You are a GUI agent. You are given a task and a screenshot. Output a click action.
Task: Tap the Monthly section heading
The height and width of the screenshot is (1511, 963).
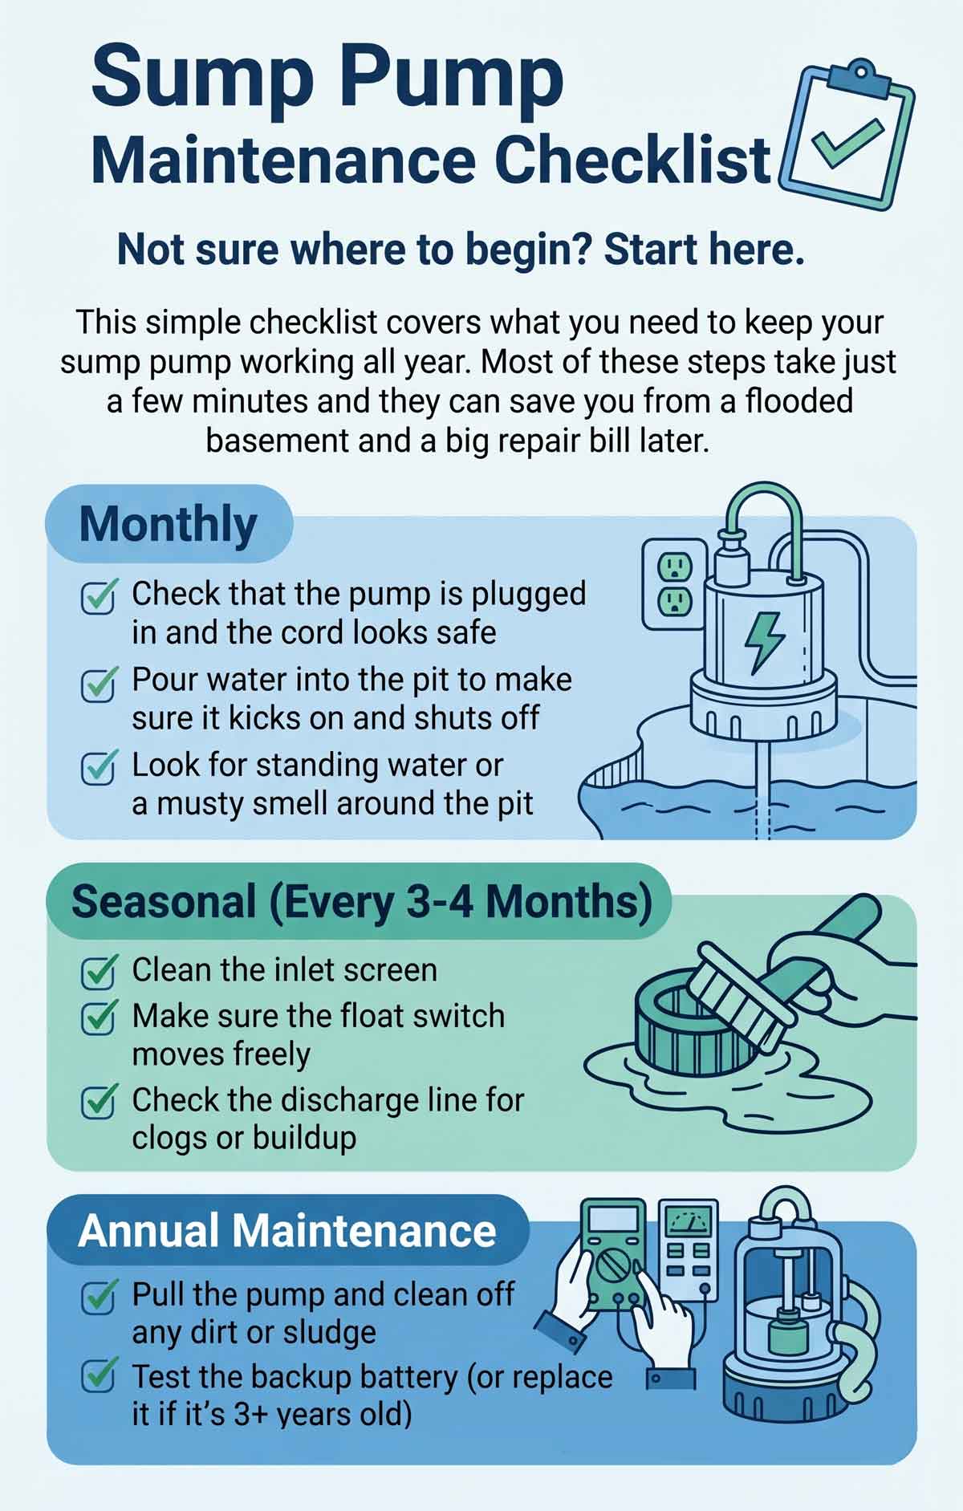[x=168, y=525]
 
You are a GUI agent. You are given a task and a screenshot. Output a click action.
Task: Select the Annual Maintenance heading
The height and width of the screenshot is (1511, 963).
[x=286, y=1230]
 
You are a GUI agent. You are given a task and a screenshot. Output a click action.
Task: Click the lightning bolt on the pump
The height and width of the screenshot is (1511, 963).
[x=763, y=641]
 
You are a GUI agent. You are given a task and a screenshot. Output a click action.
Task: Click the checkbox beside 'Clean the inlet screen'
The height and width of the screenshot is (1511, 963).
[x=100, y=971]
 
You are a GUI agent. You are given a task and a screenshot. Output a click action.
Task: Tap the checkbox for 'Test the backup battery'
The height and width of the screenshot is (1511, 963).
[x=100, y=1378]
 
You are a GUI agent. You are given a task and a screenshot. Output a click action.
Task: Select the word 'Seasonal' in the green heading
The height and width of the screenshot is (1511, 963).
[x=164, y=901]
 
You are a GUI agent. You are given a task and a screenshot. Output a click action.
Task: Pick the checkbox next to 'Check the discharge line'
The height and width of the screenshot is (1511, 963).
[x=100, y=1102]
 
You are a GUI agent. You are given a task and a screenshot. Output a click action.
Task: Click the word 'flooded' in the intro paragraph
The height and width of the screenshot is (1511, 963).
[x=799, y=401]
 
